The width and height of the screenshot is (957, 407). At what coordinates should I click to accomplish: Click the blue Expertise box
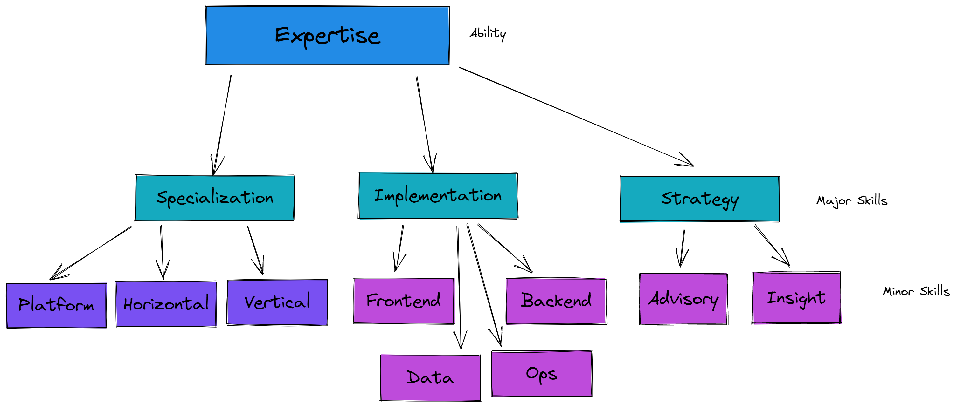pyautogui.click(x=327, y=35)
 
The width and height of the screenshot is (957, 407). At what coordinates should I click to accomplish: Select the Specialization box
pyautogui.click(x=215, y=198)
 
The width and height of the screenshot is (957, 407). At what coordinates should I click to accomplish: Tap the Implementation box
pyautogui.click(x=438, y=195)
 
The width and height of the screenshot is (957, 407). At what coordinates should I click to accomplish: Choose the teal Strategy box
pyautogui.click(x=700, y=199)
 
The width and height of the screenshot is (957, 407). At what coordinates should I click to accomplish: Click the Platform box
pyautogui.click(x=57, y=305)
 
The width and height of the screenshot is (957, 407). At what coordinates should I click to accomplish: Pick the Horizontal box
pyautogui.click(x=166, y=304)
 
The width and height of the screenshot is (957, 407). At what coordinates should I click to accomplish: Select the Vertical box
pyautogui.click(x=277, y=302)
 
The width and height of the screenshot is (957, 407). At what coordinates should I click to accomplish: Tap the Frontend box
pyautogui.click(x=404, y=301)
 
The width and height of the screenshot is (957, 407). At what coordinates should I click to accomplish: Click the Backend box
pyautogui.click(x=556, y=301)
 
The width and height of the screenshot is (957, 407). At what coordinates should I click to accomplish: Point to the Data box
pyautogui.click(x=430, y=378)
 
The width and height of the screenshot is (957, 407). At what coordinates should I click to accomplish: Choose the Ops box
pyautogui.click(x=542, y=374)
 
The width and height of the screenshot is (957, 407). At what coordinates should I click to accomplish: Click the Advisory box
pyautogui.click(x=683, y=299)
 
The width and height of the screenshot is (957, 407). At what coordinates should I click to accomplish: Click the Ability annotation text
pyautogui.click(x=488, y=34)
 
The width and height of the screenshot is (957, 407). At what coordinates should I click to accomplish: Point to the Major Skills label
pyautogui.click(x=851, y=201)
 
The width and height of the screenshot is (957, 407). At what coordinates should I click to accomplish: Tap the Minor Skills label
pyautogui.click(x=916, y=291)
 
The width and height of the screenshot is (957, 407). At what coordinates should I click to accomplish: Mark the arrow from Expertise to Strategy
pyautogui.click(x=576, y=117)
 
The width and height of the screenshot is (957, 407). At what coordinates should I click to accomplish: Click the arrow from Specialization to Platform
pyautogui.click(x=91, y=253)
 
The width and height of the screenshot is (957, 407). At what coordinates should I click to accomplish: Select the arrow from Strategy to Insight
pyautogui.click(x=772, y=246)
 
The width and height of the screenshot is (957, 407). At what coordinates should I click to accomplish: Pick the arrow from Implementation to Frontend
pyautogui.click(x=399, y=248)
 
